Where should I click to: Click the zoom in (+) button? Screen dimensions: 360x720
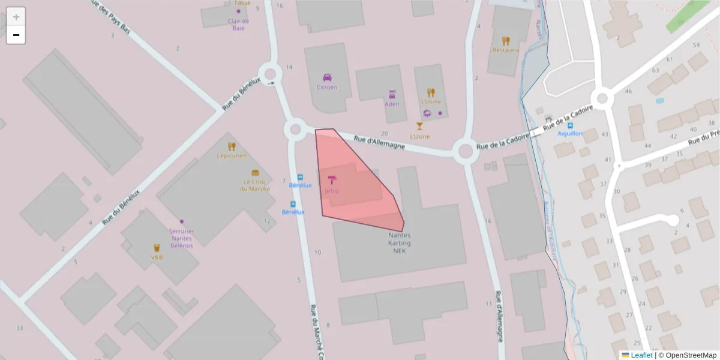point(16,16)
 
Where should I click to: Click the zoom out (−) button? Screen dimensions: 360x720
point(16,35)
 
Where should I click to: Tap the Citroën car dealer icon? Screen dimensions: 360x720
point(327,77)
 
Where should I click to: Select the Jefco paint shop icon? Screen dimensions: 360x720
point(332,180)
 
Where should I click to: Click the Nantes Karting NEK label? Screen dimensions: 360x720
point(400,243)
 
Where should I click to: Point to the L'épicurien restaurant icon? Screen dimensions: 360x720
point(232,146)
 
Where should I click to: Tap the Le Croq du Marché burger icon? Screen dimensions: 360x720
point(255,173)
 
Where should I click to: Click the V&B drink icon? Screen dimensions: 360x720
point(157,248)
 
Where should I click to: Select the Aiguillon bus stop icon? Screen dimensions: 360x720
point(570,125)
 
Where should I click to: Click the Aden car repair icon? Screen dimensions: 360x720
point(392,94)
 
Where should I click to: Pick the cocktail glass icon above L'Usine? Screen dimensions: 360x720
point(419,126)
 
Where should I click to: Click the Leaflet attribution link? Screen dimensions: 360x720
point(641,355)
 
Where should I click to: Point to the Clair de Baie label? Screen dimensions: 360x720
point(238,25)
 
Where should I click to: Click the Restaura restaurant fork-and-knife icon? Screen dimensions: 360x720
point(506,41)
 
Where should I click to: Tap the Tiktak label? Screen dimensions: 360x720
point(242,3)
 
